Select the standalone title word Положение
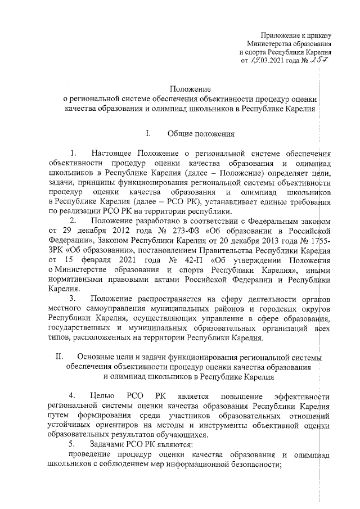click(x=190, y=89)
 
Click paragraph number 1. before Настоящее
click(x=73, y=154)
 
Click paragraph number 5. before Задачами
click(x=73, y=444)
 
